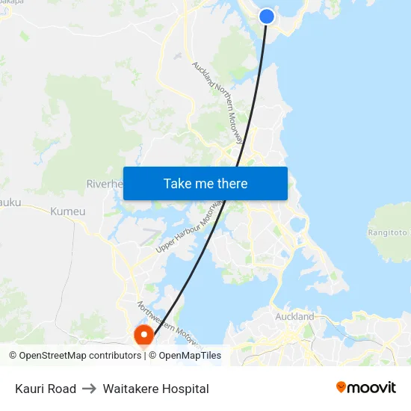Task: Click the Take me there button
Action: click(205, 183)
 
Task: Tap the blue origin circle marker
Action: click(266, 16)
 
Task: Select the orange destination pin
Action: click(142, 336)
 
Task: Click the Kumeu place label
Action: click(68, 211)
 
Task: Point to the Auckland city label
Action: click(294, 317)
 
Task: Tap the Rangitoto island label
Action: click(388, 232)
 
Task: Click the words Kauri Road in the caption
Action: click(46, 389)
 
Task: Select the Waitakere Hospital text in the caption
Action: click(155, 389)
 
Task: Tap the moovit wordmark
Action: click(371, 387)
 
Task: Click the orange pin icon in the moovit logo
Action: click(342, 386)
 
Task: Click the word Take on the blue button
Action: click(177, 183)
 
